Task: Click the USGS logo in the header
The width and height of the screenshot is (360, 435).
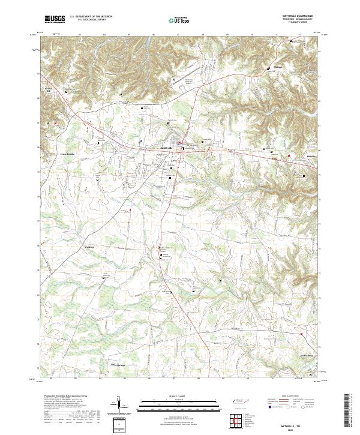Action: (x=55, y=19)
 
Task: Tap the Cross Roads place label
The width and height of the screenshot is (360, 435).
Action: (x=50, y=154)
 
